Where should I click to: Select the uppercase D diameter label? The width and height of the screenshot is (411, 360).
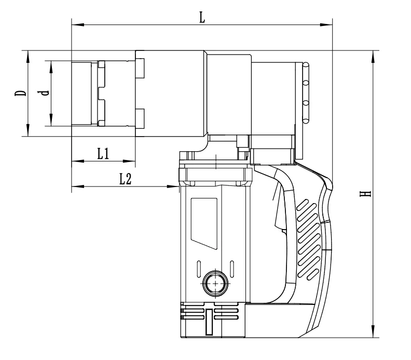pos(20,94)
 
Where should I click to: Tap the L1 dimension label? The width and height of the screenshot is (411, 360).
pos(103,154)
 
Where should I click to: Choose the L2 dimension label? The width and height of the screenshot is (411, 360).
pos(125,179)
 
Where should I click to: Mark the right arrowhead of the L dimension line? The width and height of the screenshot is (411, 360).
pos(327,24)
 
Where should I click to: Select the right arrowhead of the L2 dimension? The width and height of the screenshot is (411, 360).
pos(173,186)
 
